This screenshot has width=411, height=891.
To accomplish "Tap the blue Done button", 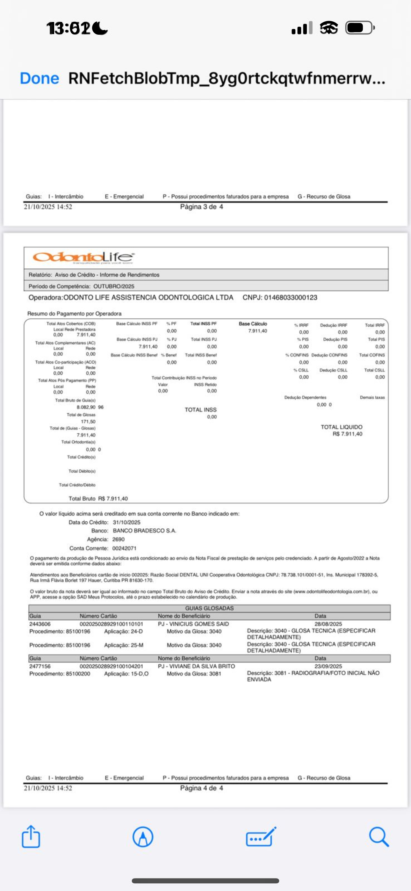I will pos(40,78).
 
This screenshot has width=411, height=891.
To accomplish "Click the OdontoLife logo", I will pos(83,257).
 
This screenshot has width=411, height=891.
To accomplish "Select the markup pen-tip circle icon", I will pos(143,837).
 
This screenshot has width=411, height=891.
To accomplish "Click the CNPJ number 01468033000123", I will pos(290,297).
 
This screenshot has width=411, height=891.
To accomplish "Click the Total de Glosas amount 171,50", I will pos(88,421).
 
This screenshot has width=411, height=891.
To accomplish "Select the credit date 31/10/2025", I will pos(126,522).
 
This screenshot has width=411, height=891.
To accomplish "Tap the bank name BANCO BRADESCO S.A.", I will pos(144,531).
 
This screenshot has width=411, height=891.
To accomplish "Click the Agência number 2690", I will pos(118,539).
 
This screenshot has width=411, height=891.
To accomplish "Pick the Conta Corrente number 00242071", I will pos(124,548).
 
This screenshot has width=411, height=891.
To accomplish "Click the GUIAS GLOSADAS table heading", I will pos(209,608).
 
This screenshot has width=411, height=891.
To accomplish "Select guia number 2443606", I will pos(40,624).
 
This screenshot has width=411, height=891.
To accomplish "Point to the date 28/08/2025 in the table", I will pos(328,624).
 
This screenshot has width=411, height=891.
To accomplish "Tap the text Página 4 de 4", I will pos(201,788).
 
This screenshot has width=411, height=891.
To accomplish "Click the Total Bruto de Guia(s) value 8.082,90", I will pos(86,407).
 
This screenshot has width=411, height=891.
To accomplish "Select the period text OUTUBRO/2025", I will pos(114,286).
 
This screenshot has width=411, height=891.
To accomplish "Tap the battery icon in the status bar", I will pos(360,28).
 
